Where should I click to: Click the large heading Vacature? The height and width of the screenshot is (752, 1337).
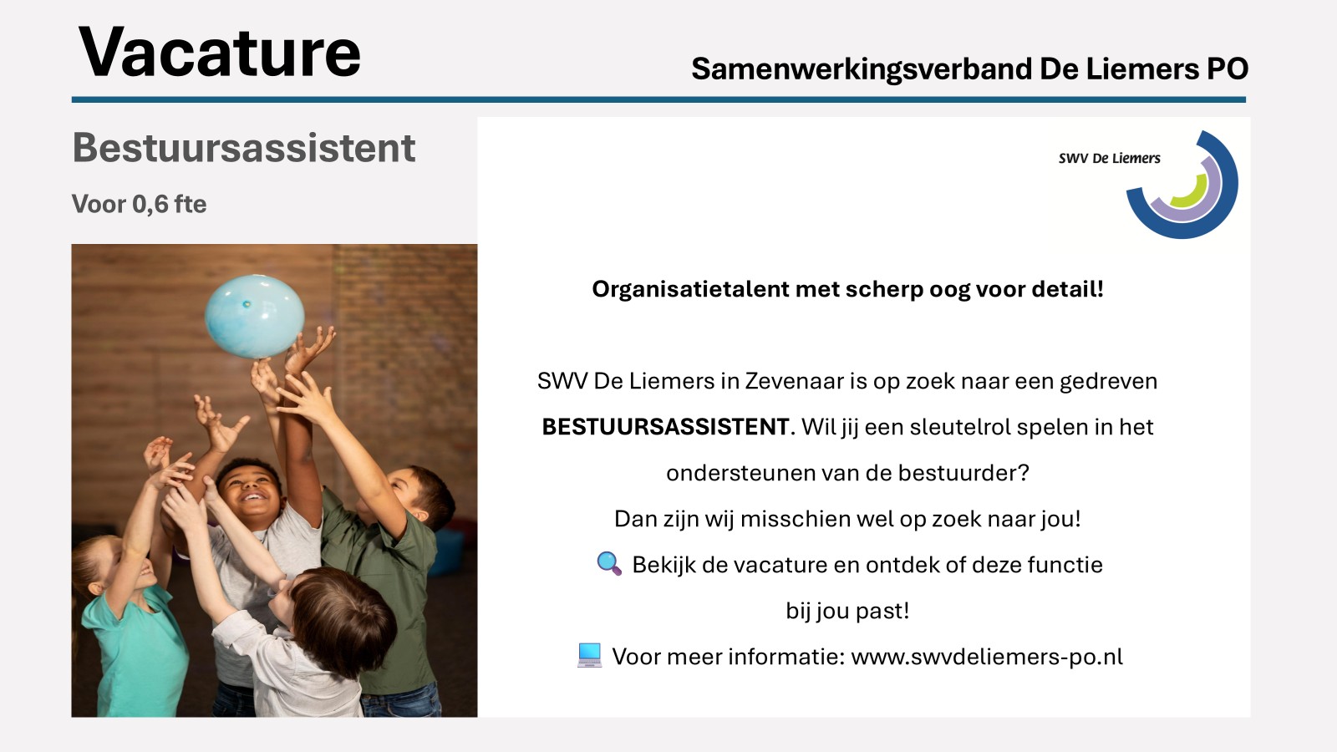(220, 53)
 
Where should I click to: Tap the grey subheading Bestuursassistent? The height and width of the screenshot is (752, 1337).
(243, 147)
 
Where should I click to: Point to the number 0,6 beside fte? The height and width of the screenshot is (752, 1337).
(150, 205)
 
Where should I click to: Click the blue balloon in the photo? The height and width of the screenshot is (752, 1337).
(255, 316)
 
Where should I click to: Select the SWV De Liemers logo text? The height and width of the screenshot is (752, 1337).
(1109, 158)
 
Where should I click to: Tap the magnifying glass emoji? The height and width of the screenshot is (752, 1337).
(609, 563)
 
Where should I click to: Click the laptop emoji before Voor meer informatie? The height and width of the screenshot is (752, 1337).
(590, 655)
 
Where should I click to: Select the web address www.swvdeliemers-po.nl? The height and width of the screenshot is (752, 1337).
(987, 657)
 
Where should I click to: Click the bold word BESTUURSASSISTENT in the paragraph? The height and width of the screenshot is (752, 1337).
(665, 427)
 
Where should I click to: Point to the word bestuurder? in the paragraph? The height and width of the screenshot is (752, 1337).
(963, 473)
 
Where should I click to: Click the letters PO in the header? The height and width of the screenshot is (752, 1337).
(1228, 69)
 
